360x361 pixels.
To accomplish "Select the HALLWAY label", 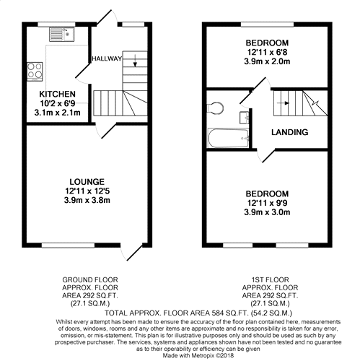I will click(x=107, y=58).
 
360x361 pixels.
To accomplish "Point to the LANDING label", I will click(x=290, y=132).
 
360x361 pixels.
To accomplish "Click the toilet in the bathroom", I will click(x=214, y=108).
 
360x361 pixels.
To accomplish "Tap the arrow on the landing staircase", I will click(x=286, y=103).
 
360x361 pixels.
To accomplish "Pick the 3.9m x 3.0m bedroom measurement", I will click(x=266, y=212).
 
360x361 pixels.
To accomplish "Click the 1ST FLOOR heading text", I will click(x=266, y=278).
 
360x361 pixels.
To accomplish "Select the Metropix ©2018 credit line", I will click(x=180, y=355).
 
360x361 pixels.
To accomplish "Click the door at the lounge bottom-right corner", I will click(x=130, y=250).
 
